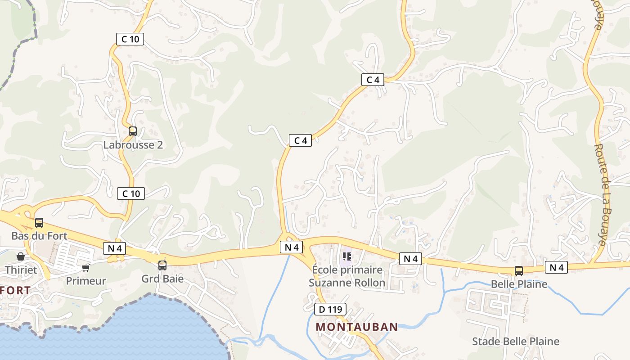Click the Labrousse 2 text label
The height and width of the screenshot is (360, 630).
tap(133, 145)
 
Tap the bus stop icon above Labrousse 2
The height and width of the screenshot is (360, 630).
tap(132, 131)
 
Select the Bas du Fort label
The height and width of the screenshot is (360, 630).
tap(39, 236)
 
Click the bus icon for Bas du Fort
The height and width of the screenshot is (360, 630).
tap(39, 223)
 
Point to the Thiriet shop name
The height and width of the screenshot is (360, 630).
tap(21, 270)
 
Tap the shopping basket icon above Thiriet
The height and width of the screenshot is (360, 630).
tap(21, 257)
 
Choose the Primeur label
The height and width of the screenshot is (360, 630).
tap(86, 281)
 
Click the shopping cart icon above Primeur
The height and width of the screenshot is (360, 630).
tap(85, 268)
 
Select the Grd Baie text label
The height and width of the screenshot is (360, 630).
tap(162, 279)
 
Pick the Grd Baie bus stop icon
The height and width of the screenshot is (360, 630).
tap(162, 265)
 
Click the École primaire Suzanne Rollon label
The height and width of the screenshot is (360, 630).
tap(347, 276)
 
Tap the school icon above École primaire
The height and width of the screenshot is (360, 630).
tap(346, 256)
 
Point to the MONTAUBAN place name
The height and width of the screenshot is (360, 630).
tap(356, 327)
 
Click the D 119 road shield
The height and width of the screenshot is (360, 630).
tap(330, 310)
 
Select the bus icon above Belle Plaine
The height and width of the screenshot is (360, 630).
tap(519, 271)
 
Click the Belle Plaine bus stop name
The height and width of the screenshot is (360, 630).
tap(519, 284)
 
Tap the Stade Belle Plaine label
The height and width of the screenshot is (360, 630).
tap(515, 342)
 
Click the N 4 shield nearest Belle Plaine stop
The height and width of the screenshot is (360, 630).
tap(556, 268)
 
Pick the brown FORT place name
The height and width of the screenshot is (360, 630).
tap(16, 290)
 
